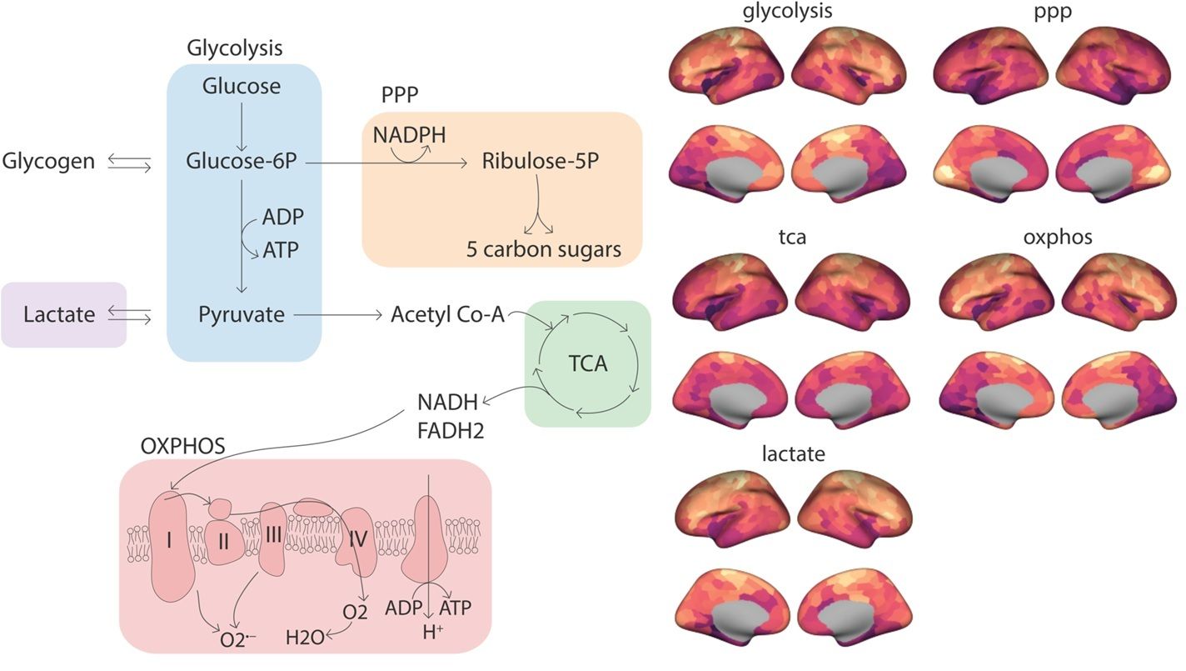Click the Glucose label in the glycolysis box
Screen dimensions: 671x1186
[x=242, y=86]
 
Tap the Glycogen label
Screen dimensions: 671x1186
[x=49, y=160]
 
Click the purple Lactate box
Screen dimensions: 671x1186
[x=63, y=314]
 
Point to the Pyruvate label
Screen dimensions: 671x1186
[x=242, y=314]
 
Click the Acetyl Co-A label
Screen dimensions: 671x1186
[x=447, y=315]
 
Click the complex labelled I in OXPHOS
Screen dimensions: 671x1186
[x=170, y=542]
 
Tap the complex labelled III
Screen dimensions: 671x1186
[x=274, y=535]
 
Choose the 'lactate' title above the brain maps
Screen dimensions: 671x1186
[x=793, y=454]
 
